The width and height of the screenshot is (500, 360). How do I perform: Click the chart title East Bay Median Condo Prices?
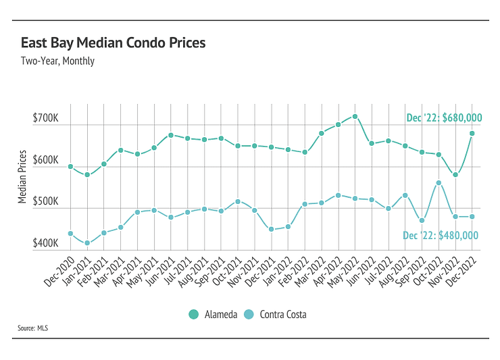(113, 43)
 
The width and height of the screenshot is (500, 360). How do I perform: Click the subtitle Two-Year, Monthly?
(58, 61)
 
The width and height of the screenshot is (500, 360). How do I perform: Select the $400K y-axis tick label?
(46, 243)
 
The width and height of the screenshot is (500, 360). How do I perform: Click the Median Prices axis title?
(22, 177)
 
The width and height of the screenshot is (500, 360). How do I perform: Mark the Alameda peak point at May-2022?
(355, 116)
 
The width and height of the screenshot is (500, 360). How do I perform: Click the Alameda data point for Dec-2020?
(70, 166)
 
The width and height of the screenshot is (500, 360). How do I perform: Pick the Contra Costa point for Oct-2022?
(439, 182)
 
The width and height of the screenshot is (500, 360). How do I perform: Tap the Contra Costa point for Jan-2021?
(87, 243)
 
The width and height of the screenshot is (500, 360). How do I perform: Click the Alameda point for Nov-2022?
(455, 174)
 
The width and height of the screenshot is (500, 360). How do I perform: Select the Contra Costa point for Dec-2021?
(271, 230)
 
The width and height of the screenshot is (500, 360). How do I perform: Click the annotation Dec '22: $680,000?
(444, 118)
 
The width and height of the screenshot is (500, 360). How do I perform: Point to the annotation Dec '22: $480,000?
(440, 235)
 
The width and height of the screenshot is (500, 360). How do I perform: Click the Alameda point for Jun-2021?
(171, 135)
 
